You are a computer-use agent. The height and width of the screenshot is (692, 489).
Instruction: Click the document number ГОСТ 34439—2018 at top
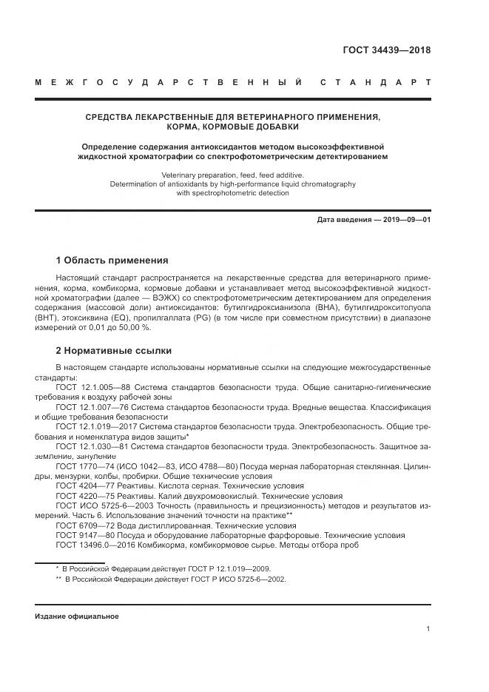[x=387, y=51]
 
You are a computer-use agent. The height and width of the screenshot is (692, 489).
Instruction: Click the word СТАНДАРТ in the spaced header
[x=375, y=82]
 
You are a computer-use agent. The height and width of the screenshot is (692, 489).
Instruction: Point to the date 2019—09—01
[x=405, y=220]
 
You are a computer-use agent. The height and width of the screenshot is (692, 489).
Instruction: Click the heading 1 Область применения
[x=112, y=261]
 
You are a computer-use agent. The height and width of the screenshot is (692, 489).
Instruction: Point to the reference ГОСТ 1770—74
[x=86, y=467]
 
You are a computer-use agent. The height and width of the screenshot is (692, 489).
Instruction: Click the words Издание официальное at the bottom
[x=77, y=616]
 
